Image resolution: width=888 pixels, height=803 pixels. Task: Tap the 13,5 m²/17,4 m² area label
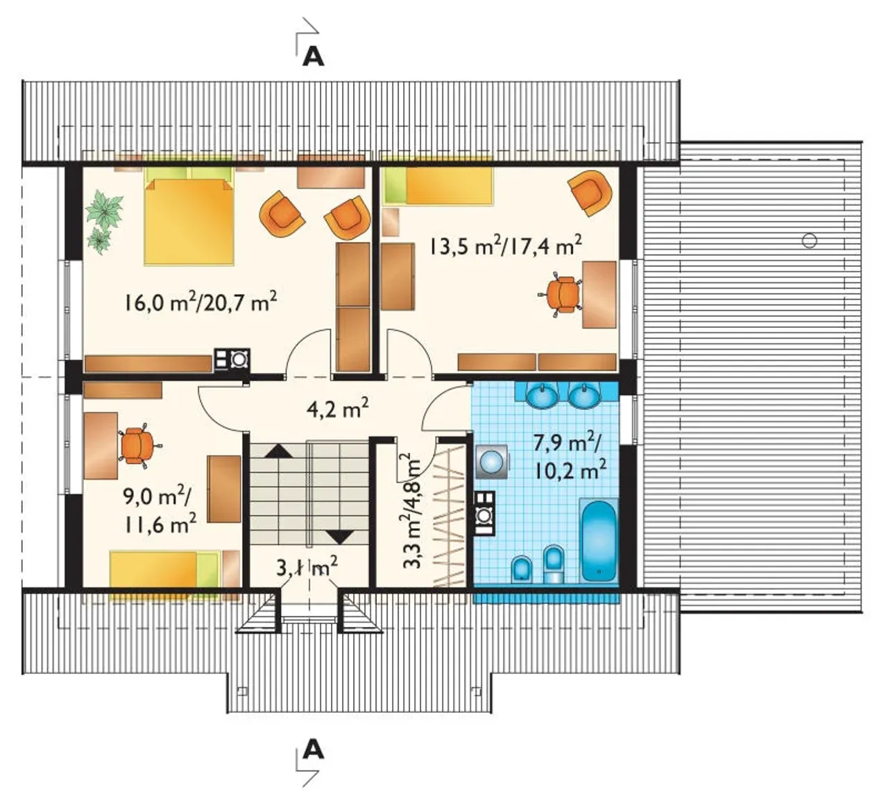tap(505, 246)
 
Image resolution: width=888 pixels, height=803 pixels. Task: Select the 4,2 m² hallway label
tap(338, 408)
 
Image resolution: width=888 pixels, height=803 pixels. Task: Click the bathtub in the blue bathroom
tap(598, 542)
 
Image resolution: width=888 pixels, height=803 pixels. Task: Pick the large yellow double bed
tap(189, 221)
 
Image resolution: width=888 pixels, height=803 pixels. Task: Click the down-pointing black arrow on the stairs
tap(340, 537)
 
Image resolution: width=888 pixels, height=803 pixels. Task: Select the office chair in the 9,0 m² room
tap(137, 445)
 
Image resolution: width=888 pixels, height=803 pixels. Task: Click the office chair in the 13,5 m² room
tap(560, 293)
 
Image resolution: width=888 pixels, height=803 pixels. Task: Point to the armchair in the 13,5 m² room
tap(590, 193)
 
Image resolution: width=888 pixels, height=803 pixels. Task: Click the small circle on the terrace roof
tap(810, 241)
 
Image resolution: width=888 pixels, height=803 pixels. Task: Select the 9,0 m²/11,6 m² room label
tap(160, 511)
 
